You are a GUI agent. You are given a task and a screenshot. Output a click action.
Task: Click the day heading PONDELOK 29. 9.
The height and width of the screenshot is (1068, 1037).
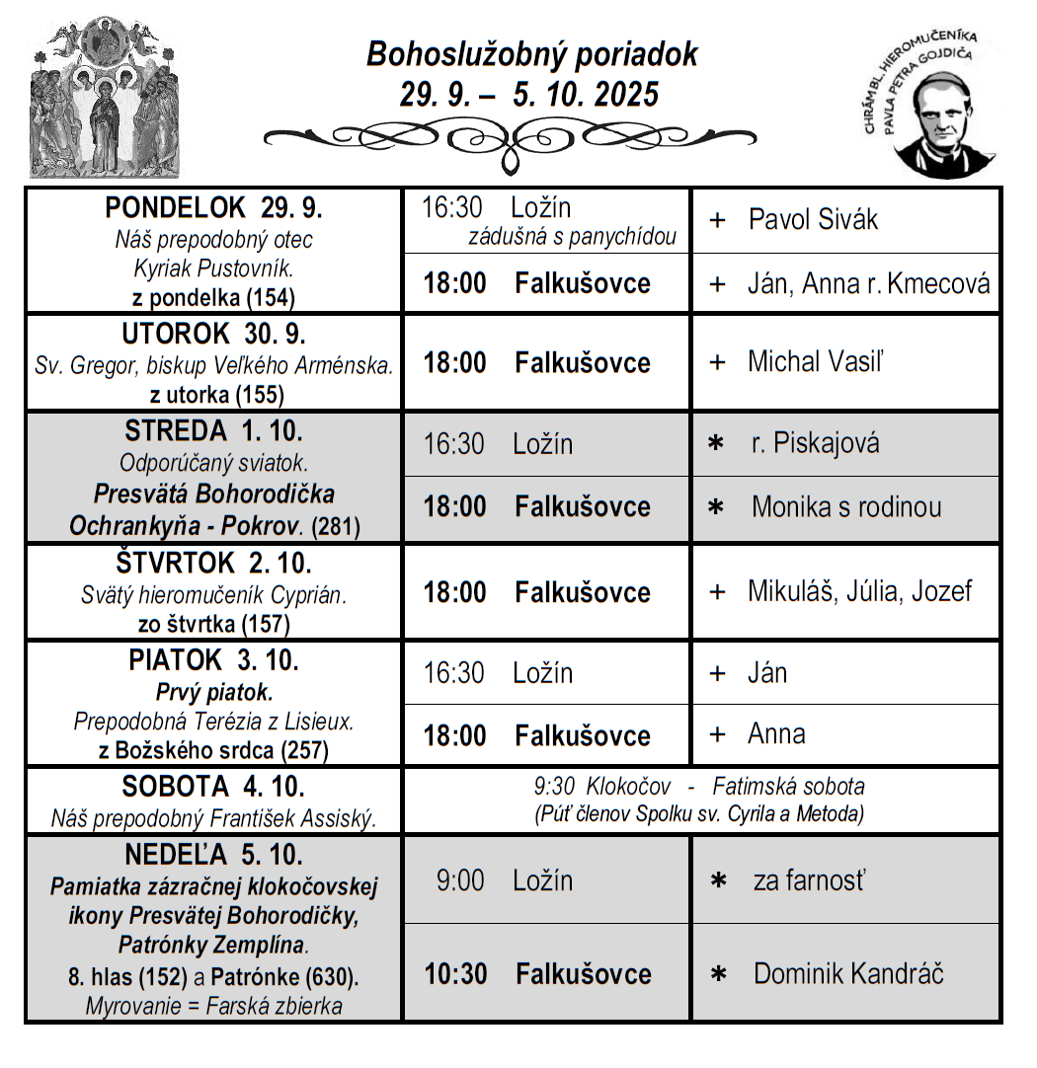pyautogui.click(x=214, y=208)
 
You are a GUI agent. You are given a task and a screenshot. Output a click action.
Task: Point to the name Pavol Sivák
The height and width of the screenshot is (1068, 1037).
pyautogui.click(x=813, y=219)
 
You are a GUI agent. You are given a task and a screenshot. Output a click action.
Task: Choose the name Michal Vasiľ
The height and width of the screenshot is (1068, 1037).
pyautogui.click(x=815, y=361)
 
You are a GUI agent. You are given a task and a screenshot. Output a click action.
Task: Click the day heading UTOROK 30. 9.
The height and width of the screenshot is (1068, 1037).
pyautogui.click(x=214, y=334)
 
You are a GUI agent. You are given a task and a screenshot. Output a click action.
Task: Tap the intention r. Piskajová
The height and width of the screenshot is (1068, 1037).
pyautogui.click(x=815, y=443)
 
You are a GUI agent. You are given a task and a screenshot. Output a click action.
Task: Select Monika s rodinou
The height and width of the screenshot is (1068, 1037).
pyautogui.click(x=845, y=507)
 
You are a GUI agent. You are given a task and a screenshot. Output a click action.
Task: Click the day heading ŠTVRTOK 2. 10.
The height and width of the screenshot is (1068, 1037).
pyautogui.click(x=214, y=564)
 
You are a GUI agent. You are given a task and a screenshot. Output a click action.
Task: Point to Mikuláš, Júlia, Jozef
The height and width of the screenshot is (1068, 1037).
pyautogui.click(x=859, y=591)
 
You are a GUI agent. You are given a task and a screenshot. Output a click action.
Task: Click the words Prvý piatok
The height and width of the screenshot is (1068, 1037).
pyautogui.click(x=214, y=692)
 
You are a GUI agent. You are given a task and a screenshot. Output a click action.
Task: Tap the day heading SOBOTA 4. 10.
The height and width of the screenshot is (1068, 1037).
pyautogui.click(x=213, y=788)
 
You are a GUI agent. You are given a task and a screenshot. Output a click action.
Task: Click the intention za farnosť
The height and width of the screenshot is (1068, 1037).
pyautogui.click(x=808, y=879)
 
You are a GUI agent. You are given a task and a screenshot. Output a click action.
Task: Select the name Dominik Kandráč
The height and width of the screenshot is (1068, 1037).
pyautogui.click(x=847, y=974)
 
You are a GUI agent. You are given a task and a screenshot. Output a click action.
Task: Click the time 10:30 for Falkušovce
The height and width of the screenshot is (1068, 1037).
pyautogui.click(x=456, y=974)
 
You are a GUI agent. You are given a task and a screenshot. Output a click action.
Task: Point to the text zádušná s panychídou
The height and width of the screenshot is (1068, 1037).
pyautogui.click(x=572, y=237)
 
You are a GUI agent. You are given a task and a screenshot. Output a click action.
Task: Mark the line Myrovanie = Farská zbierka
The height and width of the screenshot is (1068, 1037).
pyautogui.click(x=214, y=1007)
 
